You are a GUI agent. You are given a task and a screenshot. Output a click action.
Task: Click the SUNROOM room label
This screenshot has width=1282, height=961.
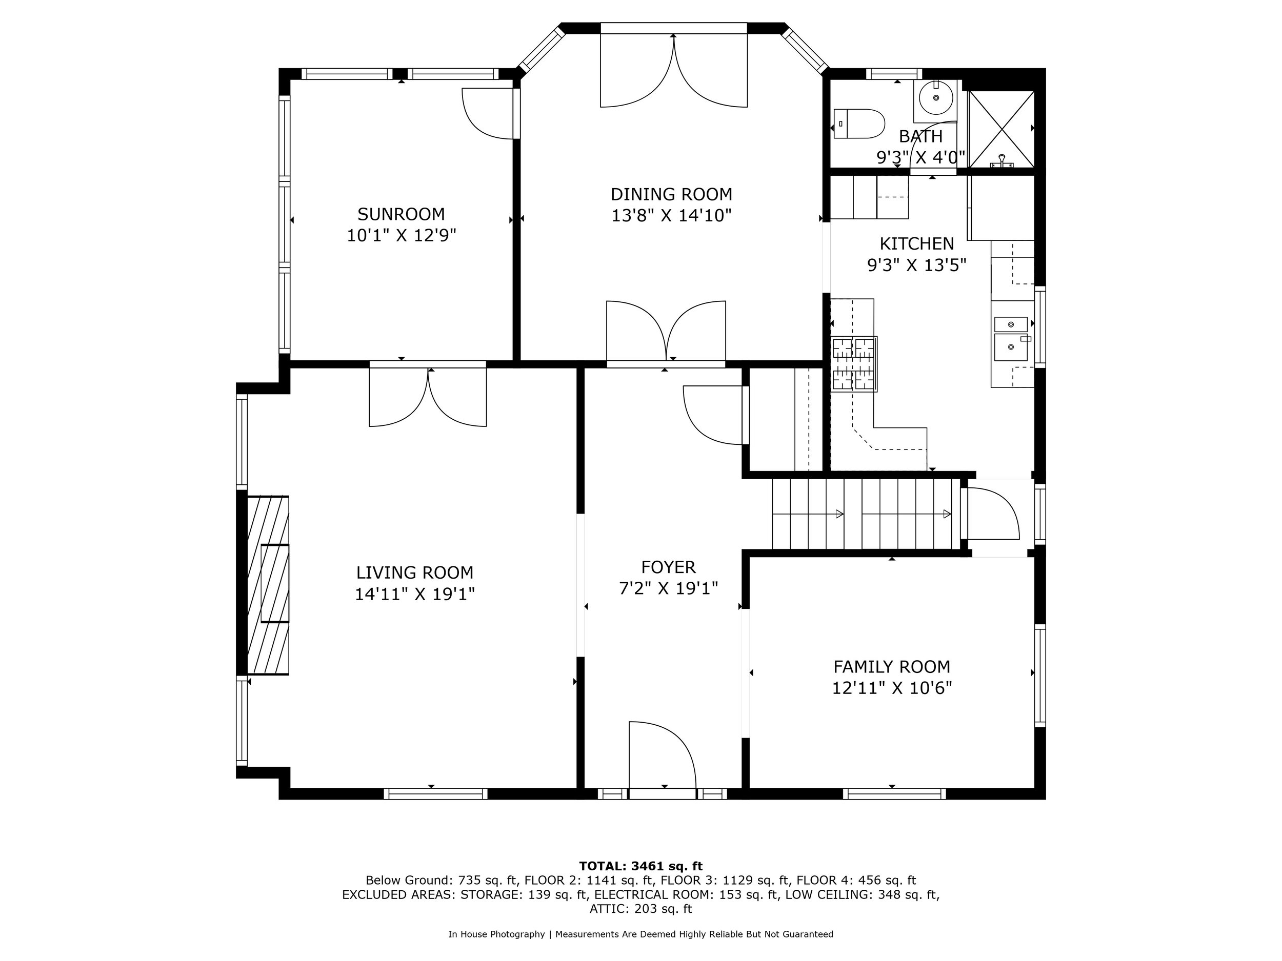401,214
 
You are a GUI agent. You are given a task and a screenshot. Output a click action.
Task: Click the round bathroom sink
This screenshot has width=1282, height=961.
935,99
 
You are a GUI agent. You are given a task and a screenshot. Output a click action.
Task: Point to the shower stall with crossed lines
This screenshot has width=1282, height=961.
1001,128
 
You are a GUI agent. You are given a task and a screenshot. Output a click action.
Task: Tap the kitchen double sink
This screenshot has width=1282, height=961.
1011,339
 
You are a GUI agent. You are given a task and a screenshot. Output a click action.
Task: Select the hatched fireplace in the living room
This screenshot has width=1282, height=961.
268,585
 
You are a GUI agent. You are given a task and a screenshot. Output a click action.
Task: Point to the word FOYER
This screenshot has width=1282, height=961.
668,567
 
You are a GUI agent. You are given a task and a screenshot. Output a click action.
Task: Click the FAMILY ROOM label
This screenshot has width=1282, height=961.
891,667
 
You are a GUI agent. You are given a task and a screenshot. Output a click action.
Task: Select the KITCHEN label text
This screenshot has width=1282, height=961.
916,243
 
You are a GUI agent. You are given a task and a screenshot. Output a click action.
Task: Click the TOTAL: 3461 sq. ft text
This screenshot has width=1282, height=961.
640,866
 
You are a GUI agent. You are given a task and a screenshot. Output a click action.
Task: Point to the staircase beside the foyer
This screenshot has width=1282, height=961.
864,514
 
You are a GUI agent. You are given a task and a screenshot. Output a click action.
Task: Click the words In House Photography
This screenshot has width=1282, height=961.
496,934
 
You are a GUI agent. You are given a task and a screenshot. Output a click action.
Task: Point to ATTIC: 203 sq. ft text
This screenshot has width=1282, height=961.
640,908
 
